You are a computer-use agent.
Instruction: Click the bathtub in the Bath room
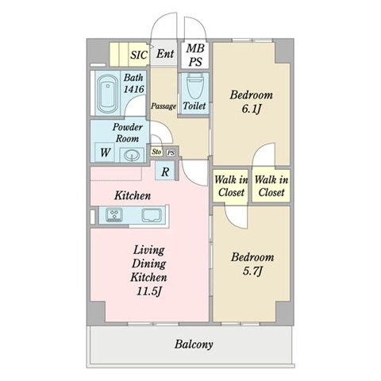click(107, 94)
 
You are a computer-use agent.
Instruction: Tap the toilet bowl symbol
click(195, 85)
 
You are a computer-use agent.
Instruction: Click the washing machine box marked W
click(105, 152)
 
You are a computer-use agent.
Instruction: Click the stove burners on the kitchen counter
click(114, 214)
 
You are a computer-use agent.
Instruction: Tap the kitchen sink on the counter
click(152, 214)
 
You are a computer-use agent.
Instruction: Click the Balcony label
click(194, 344)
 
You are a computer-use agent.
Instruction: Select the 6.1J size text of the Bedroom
click(252, 109)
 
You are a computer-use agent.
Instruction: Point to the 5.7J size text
click(252, 271)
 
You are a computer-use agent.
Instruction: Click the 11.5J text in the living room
click(149, 291)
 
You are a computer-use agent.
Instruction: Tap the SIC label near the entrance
click(139, 55)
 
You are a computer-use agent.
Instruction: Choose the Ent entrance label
click(165, 54)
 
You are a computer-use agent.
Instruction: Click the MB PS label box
click(195, 55)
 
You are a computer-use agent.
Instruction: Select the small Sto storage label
click(156, 152)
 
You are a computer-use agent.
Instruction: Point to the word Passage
click(164, 106)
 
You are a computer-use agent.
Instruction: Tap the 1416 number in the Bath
click(134, 89)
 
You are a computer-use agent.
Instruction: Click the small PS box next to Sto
click(171, 153)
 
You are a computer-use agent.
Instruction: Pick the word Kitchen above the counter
click(133, 196)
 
